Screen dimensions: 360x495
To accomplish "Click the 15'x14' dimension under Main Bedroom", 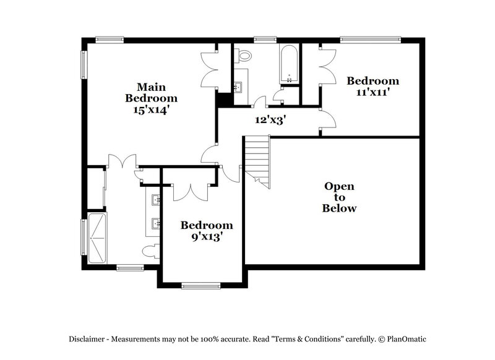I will tap(151, 109).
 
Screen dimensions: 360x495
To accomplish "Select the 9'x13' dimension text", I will tap(206, 236).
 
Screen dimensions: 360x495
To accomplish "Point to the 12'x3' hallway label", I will tap(270, 120).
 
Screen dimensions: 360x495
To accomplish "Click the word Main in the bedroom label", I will tap(151, 87).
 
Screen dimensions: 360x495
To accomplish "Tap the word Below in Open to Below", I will tap(339, 208).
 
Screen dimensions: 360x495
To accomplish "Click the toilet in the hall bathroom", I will tap(246, 55).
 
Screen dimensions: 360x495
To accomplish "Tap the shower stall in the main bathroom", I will tap(97, 239).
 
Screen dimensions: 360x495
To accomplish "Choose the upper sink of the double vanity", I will tap(157, 199).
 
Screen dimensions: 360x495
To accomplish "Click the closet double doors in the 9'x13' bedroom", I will tap(189, 191).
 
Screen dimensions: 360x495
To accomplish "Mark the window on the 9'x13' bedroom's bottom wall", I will tap(201, 285).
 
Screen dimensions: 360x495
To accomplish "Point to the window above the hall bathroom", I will tap(264, 40).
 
